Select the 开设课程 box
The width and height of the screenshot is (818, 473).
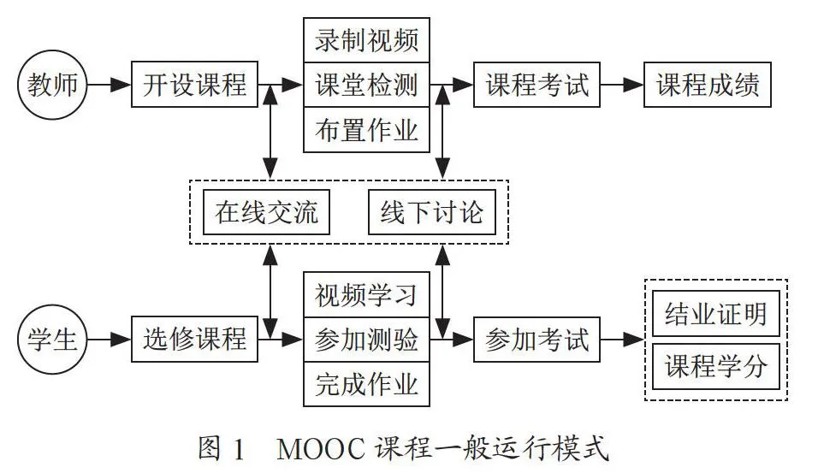(x=194, y=85)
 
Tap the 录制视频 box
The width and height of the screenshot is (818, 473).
(x=367, y=40)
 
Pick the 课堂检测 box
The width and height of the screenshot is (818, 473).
(x=367, y=85)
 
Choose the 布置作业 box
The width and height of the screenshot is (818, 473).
(x=367, y=130)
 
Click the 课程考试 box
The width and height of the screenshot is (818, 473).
(x=536, y=85)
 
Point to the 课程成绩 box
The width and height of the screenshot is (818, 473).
(x=708, y=85)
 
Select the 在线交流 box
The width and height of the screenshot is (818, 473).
(x=266, y=212)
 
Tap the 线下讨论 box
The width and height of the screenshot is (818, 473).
(x=432, y=212)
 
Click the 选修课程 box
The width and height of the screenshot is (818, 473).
(x=194, y=339)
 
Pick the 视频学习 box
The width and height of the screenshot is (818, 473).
(x=367, y=294)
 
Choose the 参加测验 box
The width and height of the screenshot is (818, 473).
(x=367, y=340)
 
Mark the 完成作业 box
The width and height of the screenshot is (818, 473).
(x=367, y=384)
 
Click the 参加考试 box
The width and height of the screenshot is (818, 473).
(x=536, y=340)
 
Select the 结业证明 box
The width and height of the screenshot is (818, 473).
(x=716, y=313)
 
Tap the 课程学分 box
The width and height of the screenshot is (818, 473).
(x=716, y=366)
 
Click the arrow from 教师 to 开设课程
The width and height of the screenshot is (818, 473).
(x=109, y=85)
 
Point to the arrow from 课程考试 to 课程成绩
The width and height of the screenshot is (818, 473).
(x=622, y=85)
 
